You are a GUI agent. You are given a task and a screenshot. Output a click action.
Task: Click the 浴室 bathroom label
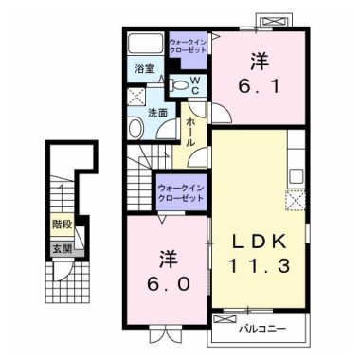[x=144, y=68]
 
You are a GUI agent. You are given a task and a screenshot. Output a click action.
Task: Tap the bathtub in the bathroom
[x=146, y=45]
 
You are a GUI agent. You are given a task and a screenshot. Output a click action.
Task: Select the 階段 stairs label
[x=62, y=226]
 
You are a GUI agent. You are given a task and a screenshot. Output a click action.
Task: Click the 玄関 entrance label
[x=62, y=248]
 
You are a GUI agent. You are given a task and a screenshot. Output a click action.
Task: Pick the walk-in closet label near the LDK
[x=180, y=192]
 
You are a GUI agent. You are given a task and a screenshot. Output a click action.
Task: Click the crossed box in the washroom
[x=136, y=95]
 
